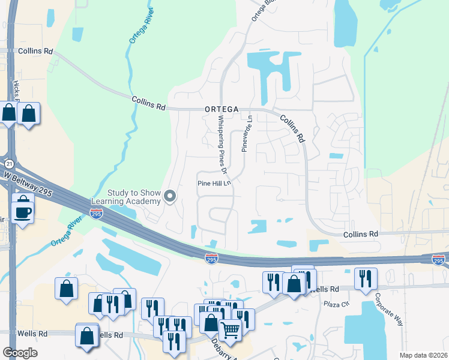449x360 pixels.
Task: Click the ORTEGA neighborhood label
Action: coord(221,109)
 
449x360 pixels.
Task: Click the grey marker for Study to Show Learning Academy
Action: coord(170,196)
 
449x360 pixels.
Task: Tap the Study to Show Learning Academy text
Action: coord(126,197)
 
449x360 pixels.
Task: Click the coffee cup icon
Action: coord(23,212)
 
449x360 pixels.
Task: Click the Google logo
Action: coord(20,352)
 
